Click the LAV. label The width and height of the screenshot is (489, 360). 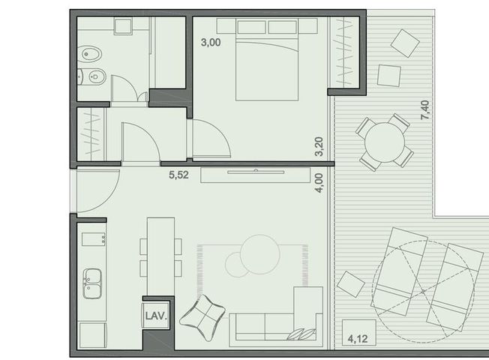click(x=156, y=316)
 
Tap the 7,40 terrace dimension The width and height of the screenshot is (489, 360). click(x=425, y=109)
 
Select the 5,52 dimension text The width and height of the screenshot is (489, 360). click(x=178, y=175)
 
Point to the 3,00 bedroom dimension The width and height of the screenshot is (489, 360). click(x=211, y=42)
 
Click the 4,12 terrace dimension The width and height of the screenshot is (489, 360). click(x=358, y=338)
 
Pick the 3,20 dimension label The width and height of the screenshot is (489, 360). click(x=319, y=146)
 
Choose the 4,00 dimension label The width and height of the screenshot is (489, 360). click(x=319, y=183)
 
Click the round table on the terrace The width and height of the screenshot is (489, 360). click(x=385, y=142)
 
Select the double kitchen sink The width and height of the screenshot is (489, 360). click(x=92, y=283)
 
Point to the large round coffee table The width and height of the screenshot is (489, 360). click(x=260, y=254)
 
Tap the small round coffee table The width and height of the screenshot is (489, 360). click(x=237, y=265)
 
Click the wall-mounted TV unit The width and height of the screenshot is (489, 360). click(x=256, y=175)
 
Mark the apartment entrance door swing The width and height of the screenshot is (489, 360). click(x=98, y=191)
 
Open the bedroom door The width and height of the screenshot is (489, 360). click(x=211, y=138)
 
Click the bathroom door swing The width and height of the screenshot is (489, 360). click(x=124, y=88)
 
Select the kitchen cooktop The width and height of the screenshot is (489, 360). click(x=94, y=239)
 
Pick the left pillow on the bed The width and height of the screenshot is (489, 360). click(x=252, y=27)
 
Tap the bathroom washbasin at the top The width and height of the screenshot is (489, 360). click(x=123, y=26)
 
